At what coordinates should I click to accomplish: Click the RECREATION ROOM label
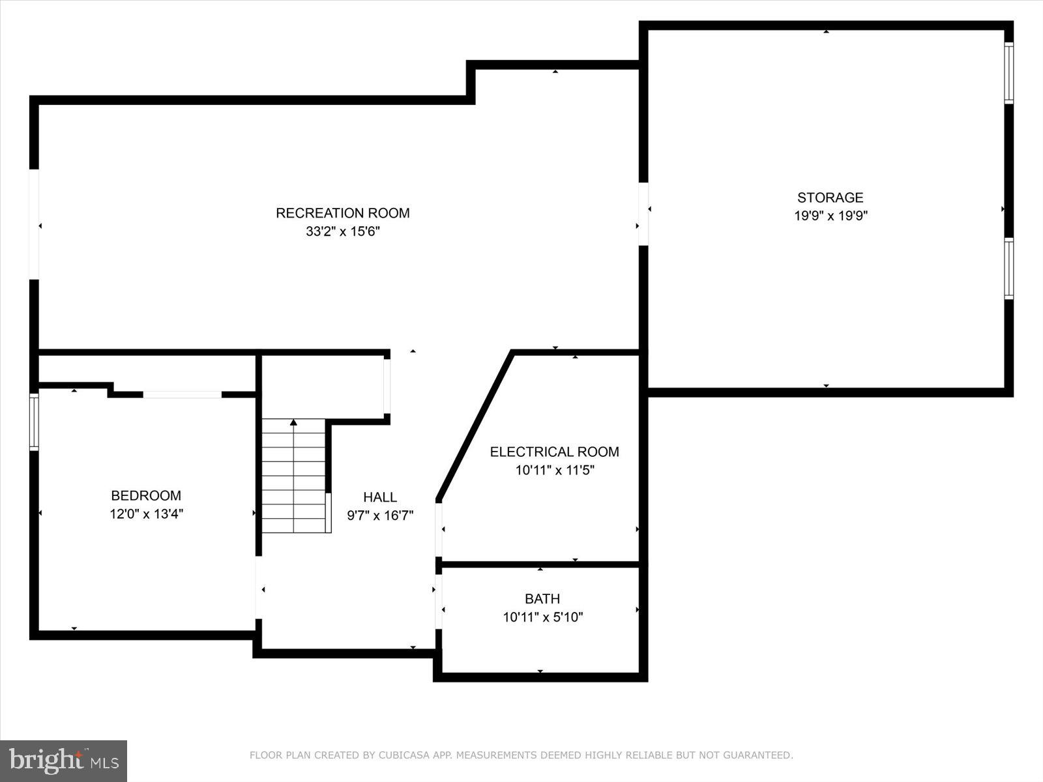coord(343,213)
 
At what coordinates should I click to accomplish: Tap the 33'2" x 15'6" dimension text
coord(343,231)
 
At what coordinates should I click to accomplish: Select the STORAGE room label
coord(830,197)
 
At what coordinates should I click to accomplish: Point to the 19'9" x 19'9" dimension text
coord(830,216)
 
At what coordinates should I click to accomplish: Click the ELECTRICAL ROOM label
coord(555,452)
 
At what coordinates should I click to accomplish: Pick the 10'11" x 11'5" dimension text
coord(555,470)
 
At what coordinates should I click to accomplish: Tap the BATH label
coord(542,598)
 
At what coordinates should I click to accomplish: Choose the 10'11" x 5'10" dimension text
coord(542,616)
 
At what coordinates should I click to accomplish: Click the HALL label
coord(380,497)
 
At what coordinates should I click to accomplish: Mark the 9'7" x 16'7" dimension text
coord(380,515)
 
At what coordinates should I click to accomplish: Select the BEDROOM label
coord(146,495)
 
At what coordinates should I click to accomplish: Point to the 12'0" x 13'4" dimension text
coord(146,514)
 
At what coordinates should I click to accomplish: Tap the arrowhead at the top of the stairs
coord(293,423)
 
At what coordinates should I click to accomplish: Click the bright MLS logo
coord(64,760)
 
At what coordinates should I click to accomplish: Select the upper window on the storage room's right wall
coord(1008,73)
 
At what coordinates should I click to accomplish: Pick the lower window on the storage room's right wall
coord(1008,268)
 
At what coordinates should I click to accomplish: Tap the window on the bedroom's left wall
coord(34,422)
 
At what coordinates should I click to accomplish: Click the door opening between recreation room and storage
coord(643,214)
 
